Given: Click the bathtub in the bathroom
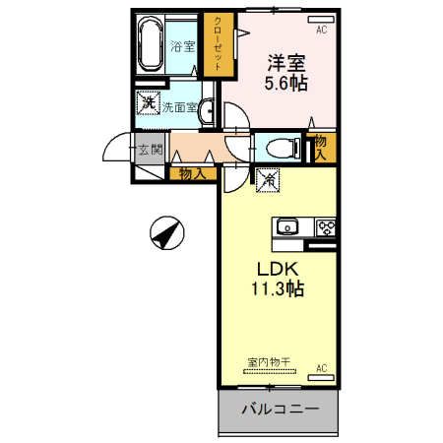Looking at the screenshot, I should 152,46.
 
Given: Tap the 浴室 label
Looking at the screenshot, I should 182,46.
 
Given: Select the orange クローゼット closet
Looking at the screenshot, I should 218,43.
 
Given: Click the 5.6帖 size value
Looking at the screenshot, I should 285,85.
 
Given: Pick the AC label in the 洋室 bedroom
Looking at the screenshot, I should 321,30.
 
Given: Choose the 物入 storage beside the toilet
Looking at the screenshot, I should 320,147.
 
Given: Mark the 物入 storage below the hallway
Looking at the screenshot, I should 192,173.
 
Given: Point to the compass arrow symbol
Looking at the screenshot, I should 166,233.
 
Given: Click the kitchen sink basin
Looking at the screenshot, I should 288,226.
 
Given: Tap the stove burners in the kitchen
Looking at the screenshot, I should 325,227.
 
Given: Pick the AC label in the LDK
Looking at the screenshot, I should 321,369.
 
